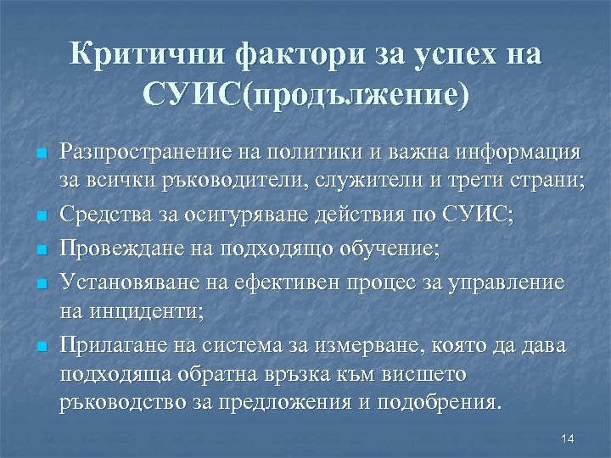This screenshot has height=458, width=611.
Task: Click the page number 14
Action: (x=568, y=438)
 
